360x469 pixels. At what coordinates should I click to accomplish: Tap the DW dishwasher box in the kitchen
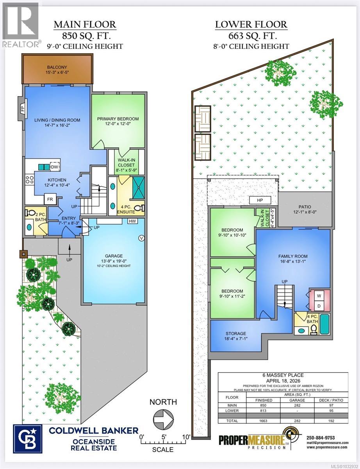tap(54, 167)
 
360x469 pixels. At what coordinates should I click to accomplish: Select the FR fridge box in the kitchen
tap(50, 198)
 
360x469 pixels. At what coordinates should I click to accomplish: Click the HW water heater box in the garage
tap(132, 221)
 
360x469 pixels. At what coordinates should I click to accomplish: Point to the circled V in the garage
tap(141, 238)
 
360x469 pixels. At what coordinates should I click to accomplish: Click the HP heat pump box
tap(260, 200)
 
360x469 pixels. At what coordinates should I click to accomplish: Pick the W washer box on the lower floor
tap(319, 295)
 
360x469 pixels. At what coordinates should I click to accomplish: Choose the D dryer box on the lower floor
tap(319, 305)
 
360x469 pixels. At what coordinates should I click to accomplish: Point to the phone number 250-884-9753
tap(321, 437)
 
